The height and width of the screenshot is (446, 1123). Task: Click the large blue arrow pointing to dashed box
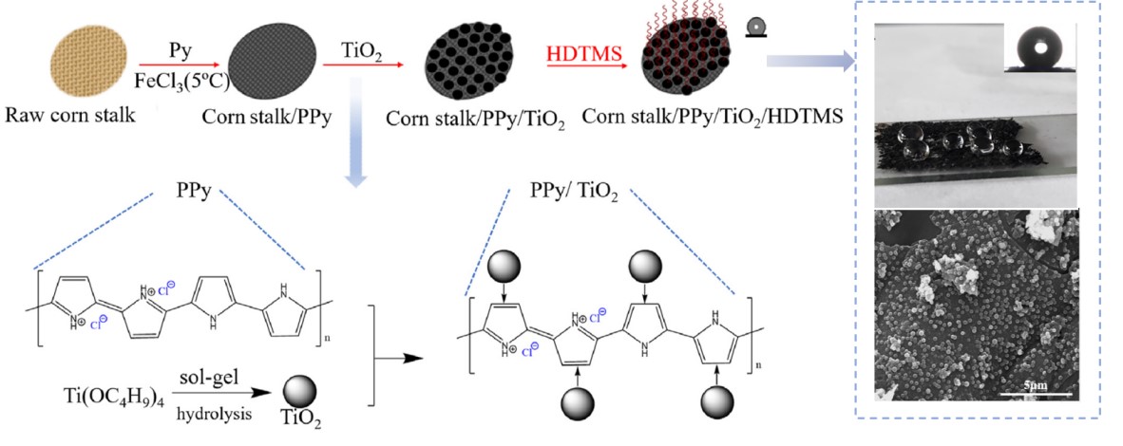tap(811, 63)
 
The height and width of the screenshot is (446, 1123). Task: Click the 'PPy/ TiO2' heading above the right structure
tap(574, 194)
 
